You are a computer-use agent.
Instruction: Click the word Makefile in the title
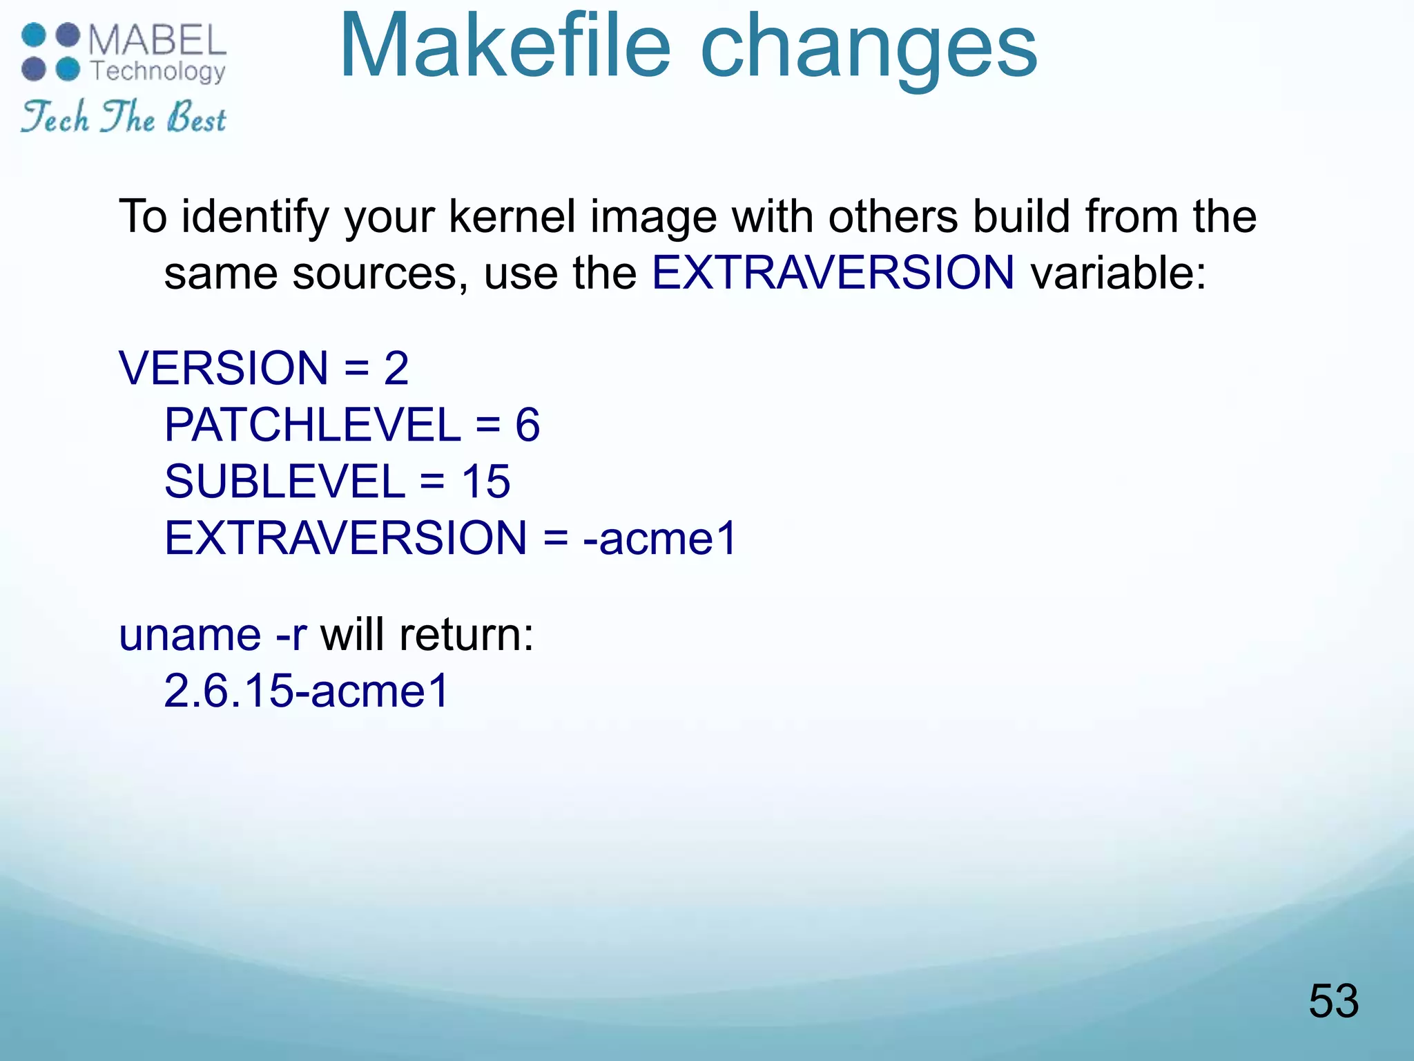[x=505, y=47]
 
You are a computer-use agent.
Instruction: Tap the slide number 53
[x=1333, y=1001]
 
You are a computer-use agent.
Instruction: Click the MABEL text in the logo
[x=157, y=40]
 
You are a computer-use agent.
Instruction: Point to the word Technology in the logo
[x=157, y=72]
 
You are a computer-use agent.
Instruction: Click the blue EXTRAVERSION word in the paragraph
[x=833, y=272]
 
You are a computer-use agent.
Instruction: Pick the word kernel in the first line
[x=512, y=216]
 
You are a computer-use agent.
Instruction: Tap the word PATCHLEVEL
[x=312, y=424]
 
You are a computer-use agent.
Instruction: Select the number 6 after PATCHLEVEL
[x=527, y=424]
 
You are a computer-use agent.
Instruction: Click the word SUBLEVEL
[x=284, y=481]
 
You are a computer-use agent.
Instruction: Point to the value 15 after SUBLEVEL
[x=485, y=481]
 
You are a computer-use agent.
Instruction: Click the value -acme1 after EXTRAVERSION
[x=660, y=538]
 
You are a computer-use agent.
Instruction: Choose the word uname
[x=190, y=635]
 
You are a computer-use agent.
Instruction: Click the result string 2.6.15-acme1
[x=307, y=690]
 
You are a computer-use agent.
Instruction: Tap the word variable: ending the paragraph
[x=1118, y=272]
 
